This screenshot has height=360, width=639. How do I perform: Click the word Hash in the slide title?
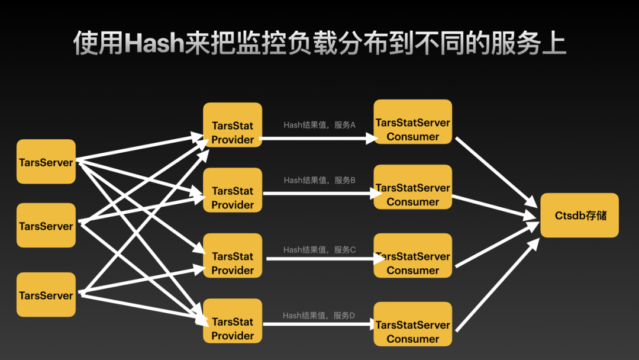click(x=153, y=44)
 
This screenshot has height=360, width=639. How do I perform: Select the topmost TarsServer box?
click(x=46, y=162)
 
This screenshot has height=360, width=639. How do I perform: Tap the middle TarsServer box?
click(x=46, y=226)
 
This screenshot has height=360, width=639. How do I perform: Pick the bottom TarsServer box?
click(x=46, y=295)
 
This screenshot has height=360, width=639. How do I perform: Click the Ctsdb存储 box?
click(x=580, y=215)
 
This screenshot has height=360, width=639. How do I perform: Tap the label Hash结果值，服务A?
click(x=319, y=125)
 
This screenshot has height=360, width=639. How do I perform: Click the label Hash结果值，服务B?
click(x=319, y=180)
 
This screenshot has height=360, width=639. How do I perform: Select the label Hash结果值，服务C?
click(x=319, y=250)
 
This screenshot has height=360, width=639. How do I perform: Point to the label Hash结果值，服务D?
click(x=319, y=316)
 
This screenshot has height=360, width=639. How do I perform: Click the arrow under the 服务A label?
click(x=318, y=138)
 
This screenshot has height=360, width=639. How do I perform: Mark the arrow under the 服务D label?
click(x=318, y=324)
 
